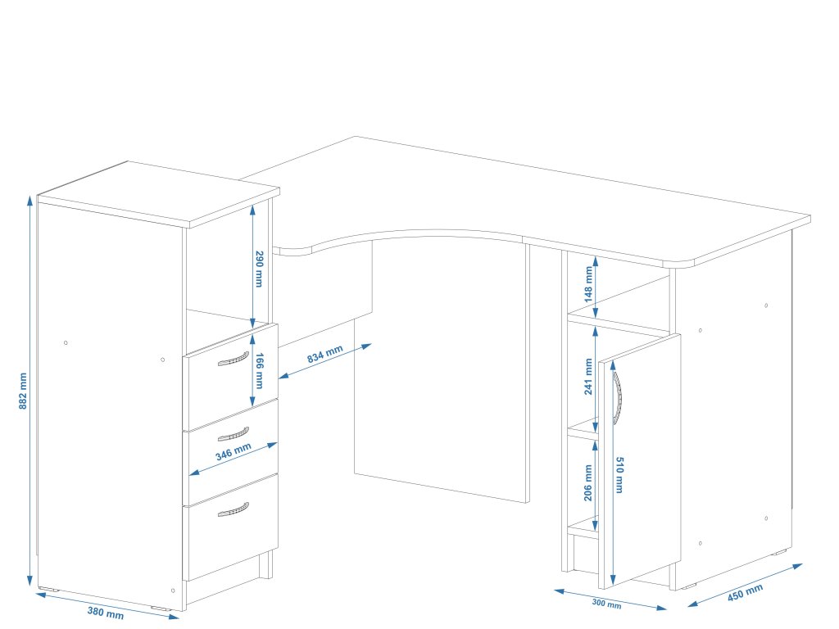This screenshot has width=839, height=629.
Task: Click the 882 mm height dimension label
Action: (x=23, y=391)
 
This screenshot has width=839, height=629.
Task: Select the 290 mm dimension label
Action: (x=259, y=269)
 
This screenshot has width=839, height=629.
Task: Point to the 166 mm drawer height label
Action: (x=259, y=369)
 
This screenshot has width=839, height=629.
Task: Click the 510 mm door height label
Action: (x=619, y=474)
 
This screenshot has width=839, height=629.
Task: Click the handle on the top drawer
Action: (x=234, y=359)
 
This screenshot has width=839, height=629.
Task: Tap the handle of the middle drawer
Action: (x=234, y=433)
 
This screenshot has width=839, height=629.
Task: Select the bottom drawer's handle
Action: (x=234, y=509)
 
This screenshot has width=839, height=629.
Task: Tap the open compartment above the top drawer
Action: (x=217, y=274)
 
